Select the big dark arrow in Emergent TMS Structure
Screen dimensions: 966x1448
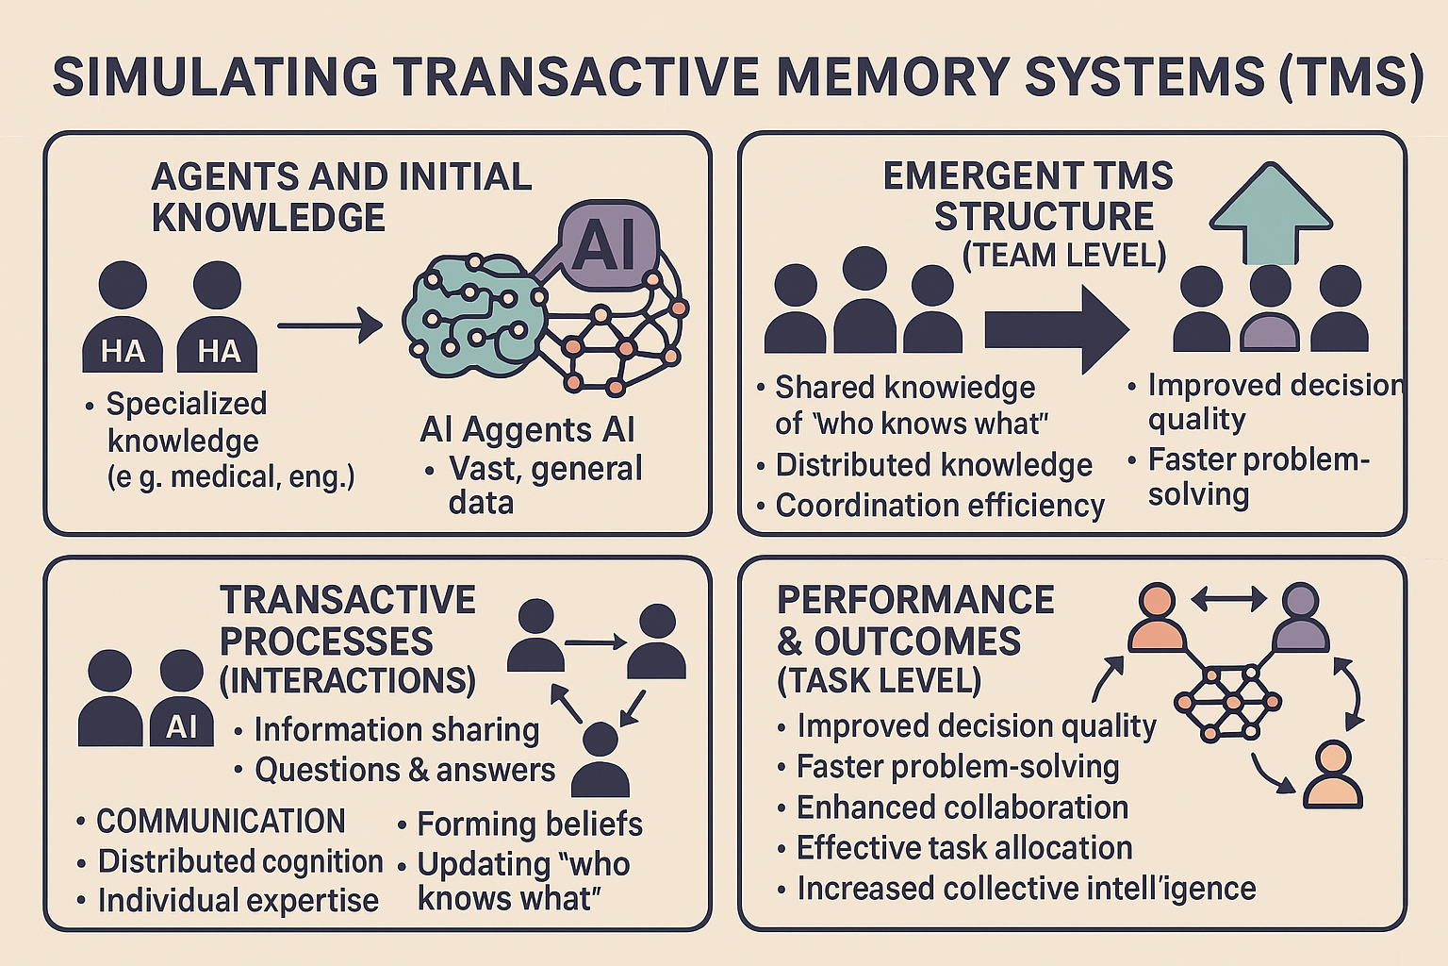[x=1056, y=329]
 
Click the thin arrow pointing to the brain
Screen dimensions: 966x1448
[x=329, y=326]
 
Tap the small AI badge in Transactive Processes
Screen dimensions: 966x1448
[x=181, y=726]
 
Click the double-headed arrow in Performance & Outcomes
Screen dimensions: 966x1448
[x=1228, y=598]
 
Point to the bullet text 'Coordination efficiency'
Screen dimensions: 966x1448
[x=939, y=506]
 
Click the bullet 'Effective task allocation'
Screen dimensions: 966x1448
[x=963, y=848]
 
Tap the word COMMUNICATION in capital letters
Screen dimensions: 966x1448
[x=221, y=821]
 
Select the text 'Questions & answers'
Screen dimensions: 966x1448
[x=404, y=770]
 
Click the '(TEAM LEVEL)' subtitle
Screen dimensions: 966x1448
[x=1063, y=255]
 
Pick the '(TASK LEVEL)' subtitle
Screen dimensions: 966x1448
[x=879, y=680]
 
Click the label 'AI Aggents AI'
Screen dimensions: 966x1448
[x=527, y=429]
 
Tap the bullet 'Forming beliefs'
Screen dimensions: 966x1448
[x=529, y=824]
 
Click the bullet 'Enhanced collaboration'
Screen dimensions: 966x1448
[x=962, y=808]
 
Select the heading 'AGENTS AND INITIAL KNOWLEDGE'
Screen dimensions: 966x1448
[x=340, y=197]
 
